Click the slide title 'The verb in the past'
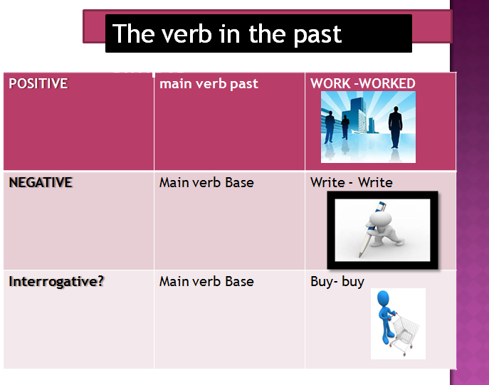(x=227, y=34)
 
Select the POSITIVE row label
(x=38, y=84)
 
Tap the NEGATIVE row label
(x=41, y=182)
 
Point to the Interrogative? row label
(x=56, y=281)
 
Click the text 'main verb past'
(x=209, y=84)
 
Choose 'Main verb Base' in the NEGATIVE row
(x=206, y=182)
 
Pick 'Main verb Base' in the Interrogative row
(x=206, y=281)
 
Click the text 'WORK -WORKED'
(x=362, y=84)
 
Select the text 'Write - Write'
(x=351, y=182)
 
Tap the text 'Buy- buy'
(x=337, y=281)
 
